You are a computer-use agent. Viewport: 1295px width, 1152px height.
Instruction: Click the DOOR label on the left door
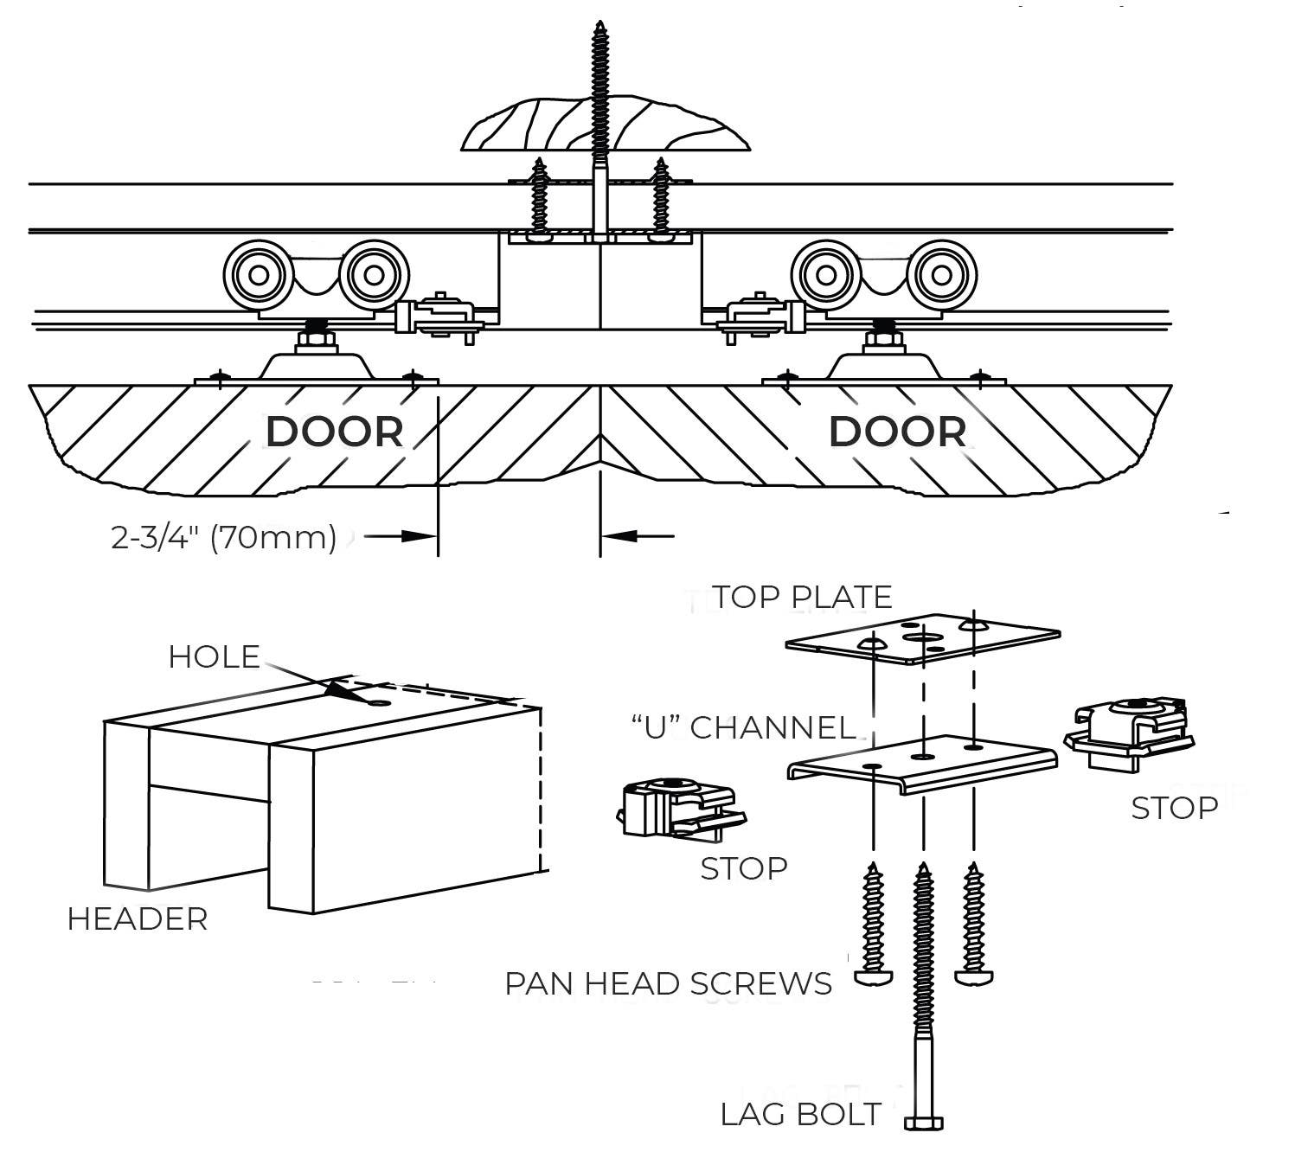tap(334, 432)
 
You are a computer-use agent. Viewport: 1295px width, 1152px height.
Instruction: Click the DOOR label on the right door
tap(897, 432)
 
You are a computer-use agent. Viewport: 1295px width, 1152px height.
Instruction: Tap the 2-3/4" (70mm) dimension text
tap(223, 537)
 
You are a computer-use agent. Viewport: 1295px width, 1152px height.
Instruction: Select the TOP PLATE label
tap(801, 597)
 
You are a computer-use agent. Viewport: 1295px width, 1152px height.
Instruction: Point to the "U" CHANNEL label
tap(743, 727)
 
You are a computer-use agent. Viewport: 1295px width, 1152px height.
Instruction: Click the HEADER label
tap(138, 918)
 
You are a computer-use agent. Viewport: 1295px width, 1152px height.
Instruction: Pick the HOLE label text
tap(214, 656)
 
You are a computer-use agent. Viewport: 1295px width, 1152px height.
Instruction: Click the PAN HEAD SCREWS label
tap(668, 984)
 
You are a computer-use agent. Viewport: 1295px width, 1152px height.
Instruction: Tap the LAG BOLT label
tap(800, 1115)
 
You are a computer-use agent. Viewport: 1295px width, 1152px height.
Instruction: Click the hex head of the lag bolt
tap(924, 1123)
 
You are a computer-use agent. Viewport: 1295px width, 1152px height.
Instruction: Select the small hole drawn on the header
tap(379, 702)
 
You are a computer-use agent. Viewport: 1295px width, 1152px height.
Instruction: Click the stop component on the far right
tap(1130, 733)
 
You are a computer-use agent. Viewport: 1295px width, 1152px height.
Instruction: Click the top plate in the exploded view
tap(922, 639)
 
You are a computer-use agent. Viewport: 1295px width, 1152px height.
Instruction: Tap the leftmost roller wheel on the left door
tap(258, 275)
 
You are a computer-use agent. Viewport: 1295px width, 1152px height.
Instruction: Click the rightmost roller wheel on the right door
tap(942, 276)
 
